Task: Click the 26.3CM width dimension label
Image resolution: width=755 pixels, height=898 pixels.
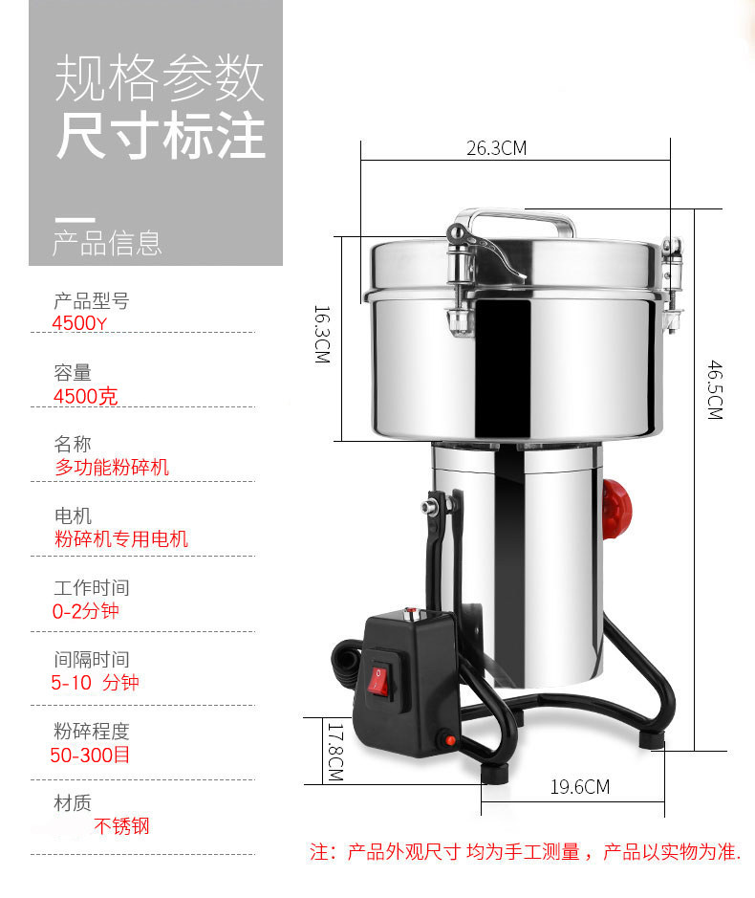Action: (496, 148)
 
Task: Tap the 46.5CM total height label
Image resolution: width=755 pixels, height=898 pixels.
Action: (715, 390)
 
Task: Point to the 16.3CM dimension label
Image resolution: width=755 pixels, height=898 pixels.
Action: (322, 335)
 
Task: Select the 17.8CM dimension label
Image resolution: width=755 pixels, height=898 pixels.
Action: (335, 752)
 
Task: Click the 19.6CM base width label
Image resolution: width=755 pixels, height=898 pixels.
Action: (580, 787)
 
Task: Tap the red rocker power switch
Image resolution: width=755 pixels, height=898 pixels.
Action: (378, 679)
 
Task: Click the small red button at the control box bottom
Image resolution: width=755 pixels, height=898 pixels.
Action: (449, 740)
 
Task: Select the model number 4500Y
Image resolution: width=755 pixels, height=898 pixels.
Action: (79, 323)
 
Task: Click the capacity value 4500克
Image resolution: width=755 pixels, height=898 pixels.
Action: (85, 396)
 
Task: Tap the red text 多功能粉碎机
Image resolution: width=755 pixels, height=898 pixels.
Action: (112, 468)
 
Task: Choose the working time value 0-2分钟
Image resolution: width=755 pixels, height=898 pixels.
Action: (85, 611)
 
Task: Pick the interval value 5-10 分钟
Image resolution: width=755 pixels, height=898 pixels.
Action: (95, 682)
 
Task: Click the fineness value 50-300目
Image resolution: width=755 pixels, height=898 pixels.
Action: (90, 755)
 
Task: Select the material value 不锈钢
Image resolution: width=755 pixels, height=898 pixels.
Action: (122, 826)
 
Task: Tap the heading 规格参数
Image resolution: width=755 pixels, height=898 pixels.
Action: (160, 78)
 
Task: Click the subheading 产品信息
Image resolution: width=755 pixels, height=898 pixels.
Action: (107, 244)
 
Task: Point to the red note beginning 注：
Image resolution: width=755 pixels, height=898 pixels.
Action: (526, 852)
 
